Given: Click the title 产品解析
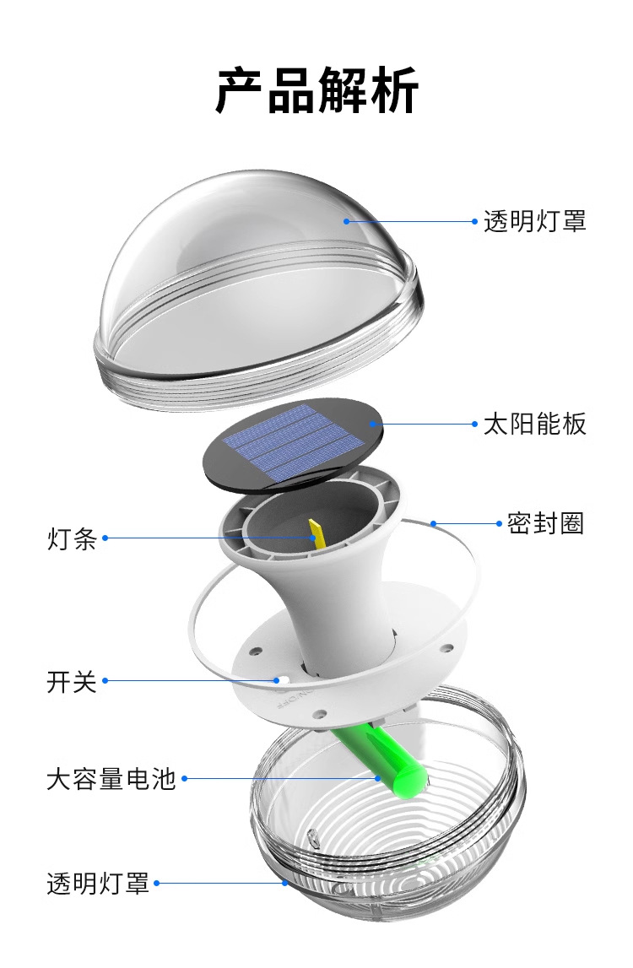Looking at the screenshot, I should point(316,90).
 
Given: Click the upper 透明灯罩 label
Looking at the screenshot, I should point(534,222).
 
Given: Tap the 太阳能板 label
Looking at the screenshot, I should point(534,424).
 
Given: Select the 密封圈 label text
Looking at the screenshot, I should point(546,523).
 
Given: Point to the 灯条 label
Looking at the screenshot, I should point(72,538).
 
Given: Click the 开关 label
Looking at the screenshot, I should point(72,681).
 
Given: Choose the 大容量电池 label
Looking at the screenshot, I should point(111,778).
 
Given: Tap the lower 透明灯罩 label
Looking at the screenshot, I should point(98,884).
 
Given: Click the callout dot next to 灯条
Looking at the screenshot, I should point(105,538).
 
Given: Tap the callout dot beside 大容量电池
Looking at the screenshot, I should point(185,778).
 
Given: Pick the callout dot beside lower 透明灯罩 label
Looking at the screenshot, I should point(157,884).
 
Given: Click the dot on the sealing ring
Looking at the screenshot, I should point(433,523).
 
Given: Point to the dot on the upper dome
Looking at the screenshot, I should point(346,222).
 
